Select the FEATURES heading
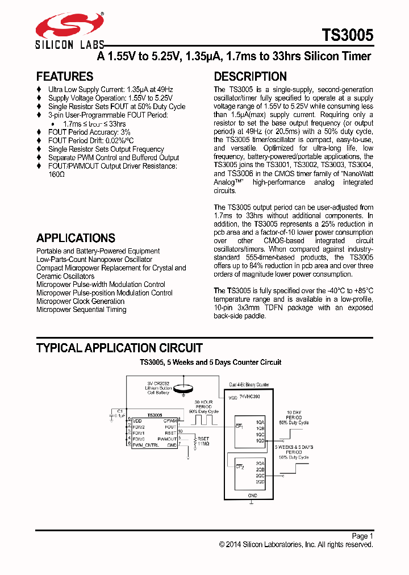pyautogui.click(x=65, y=77)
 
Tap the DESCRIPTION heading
pyautogui.click(x=250, y=77)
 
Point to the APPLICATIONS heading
pyautogui.click(x=76, y=238)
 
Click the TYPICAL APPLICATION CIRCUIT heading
pyautogui.click(x=119, y=348)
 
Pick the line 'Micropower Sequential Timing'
pyautogui.click(x=81, y=310)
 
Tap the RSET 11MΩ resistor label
pyautogui.click(x=202, y=441)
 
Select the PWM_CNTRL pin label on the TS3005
pyautogui.click(x=145, y=445)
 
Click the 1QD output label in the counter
pyautogui.click(x=260, y=440)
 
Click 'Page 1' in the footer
pyautogui.click(x=362, y=536)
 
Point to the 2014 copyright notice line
pyautogui.click(x=296, y=544)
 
